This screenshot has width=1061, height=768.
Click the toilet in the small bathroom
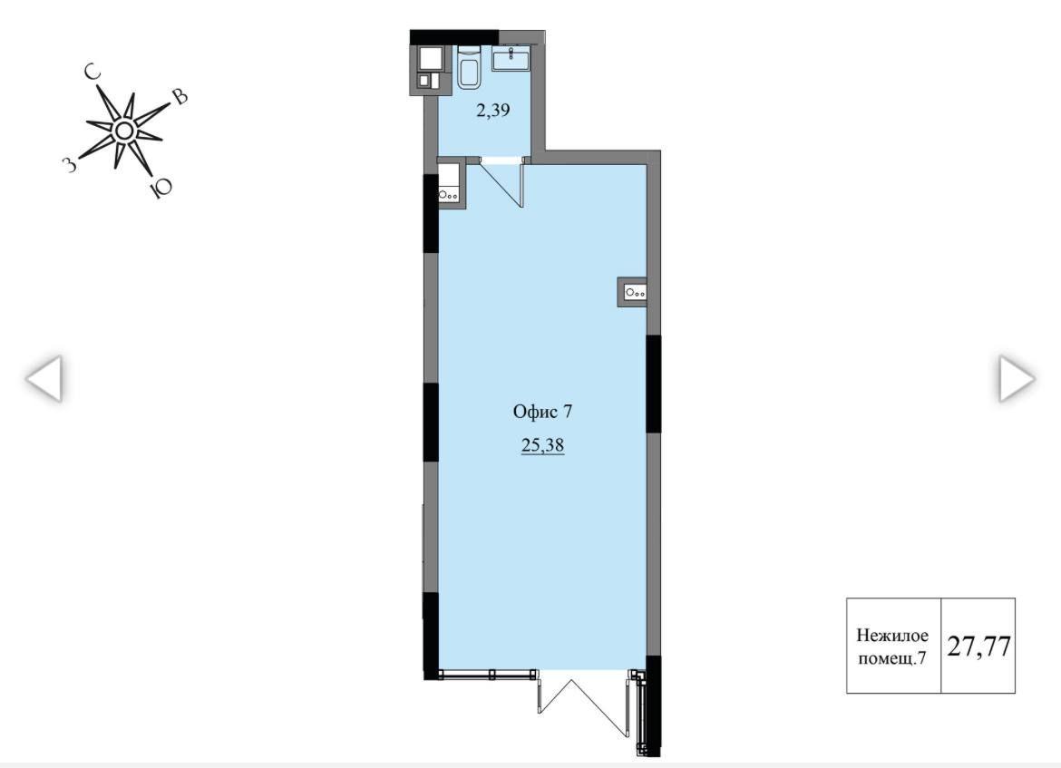pos(468,68)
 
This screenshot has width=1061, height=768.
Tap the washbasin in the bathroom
pos(512,59)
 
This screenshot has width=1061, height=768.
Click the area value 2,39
pos(492,111)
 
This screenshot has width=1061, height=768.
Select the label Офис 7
pos(542,412)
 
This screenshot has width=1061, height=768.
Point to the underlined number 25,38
pos(542,446)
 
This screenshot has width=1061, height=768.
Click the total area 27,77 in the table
pos(978,646)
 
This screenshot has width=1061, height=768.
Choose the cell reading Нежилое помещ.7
pos(893,646)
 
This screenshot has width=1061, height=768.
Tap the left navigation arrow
pos(44,378)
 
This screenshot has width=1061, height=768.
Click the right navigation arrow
pos(1017,378)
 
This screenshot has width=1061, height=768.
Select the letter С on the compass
pos(92,72)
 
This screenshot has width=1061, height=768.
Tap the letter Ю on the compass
pos(160,188)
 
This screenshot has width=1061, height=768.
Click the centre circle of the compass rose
pos(123,131)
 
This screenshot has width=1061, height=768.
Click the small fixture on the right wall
pos(632,292)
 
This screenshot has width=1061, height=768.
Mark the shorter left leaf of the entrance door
pos(540,689)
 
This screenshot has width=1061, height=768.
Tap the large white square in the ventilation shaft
pos(431,57)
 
